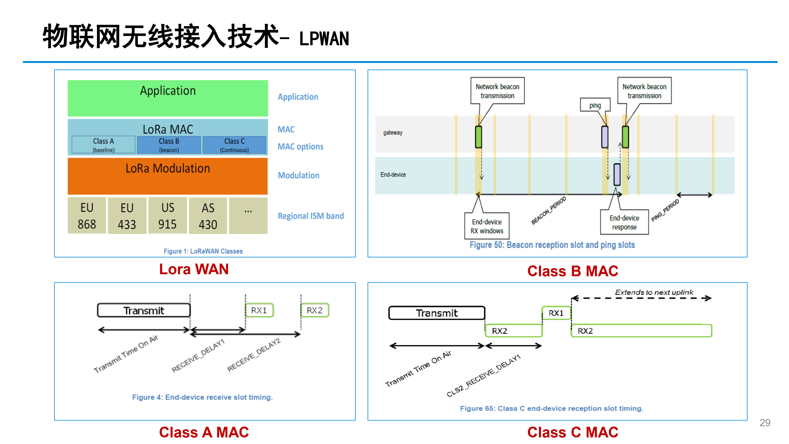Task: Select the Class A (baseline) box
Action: (x=104, y=145)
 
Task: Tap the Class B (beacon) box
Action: (x=169, y=145)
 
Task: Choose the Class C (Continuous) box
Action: (x=234, y=145)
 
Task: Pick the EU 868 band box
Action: (x=87, y=216)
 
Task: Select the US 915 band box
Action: (x=167, y=216)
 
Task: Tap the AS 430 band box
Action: (x=208, y=216)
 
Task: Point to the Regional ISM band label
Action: (x=311, y=216)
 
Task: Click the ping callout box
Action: (x=595, y=105)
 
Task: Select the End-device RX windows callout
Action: (x=487, y=226)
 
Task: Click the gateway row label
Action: (x=393, y=133)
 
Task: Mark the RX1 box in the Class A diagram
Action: (x=259, y=310)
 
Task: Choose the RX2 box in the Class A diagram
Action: (x=315, y=310)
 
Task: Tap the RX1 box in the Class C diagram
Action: (x=556, y=313)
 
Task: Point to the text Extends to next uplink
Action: (x=654, y=292)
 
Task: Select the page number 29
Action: (x=765, y=423)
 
